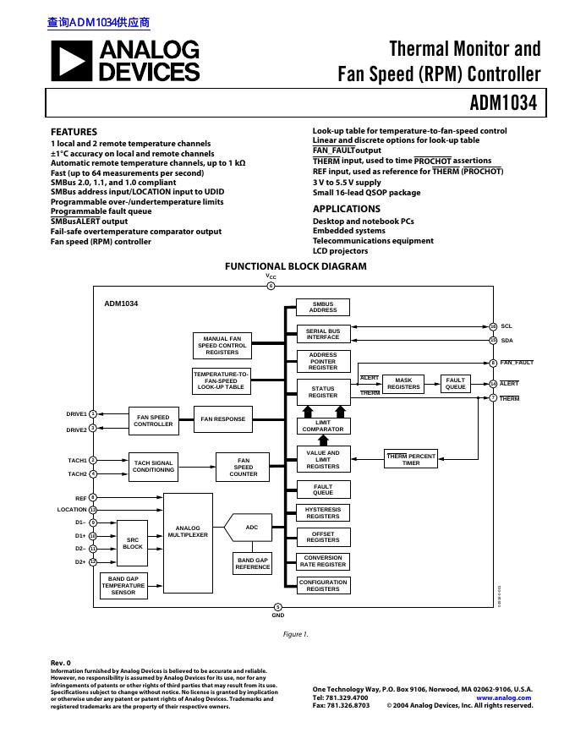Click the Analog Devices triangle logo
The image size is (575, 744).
pyautogui.click(x=72, y=61)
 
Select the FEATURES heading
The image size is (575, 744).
pyautogui.click(x=74, y=132)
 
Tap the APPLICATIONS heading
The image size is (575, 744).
pyautogui.click(x=347, y=209)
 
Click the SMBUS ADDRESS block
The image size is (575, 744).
pyautogui.click(x=323, y=307)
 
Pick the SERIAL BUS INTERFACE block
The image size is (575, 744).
pyautogui.click(x=323, y=334)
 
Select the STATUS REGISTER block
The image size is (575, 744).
pyautogui.click(x=323, y=391)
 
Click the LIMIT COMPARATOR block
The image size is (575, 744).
pyautogui.click(x=323, y=426)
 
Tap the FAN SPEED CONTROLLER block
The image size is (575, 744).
pyautogui.click(x=153, y=420)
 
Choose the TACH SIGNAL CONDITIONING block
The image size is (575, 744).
pyautogui.click(x=153, y=467)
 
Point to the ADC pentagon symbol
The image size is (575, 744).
pyautogui.click(x=249, y=528)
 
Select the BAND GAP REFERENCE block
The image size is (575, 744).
pyautogui.click(x=253, y=564)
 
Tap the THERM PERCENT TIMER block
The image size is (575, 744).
pyautogui.click(x=411, y=459)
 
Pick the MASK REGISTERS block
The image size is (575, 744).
pyautogui.click(x=403, y=384)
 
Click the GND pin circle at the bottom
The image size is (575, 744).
pyautogui.click(x=278, y=607)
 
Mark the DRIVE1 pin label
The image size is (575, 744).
pyautogui.click(x=77, y=414)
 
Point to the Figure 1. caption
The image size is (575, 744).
pyautogui.click(x=295, y=634)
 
